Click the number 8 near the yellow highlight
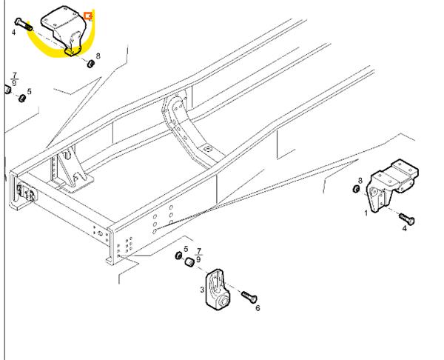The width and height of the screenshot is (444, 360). pyautogui.click(x=98, y=56)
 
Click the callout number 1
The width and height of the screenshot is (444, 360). pyautogui.click(x=366, y=213)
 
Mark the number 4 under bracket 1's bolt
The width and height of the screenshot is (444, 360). pyautogui.click(x=404, y=229)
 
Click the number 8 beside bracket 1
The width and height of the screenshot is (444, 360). pyautogui.click(x=360, y=180)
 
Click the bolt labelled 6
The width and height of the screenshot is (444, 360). pyautogui.click(x=249, y=298)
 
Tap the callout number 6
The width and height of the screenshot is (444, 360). pyautogui.click(x=257, y=307)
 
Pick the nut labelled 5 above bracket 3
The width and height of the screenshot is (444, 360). pyautogui.click(x=178, y=257)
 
